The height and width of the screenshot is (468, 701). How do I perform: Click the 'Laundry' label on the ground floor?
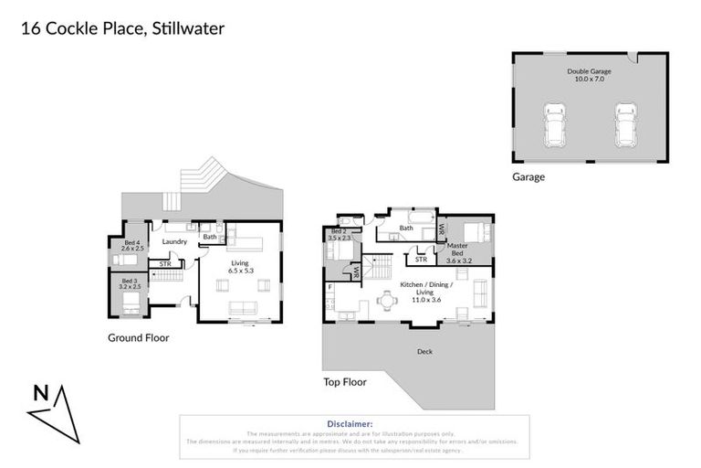[174, 242]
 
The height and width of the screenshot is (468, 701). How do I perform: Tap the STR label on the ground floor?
[165, 264]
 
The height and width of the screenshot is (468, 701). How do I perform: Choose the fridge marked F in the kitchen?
[330, 287]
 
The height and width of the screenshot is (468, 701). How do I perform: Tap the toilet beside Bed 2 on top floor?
[344, 220]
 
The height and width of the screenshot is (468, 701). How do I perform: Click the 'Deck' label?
[424, 351]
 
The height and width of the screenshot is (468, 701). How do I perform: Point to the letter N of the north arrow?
[40, 394]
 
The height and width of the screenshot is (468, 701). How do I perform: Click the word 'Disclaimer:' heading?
[349, 424]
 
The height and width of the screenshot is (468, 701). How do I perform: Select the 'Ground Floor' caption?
[138, 337]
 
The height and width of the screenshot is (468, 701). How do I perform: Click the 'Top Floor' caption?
[344, 382]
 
